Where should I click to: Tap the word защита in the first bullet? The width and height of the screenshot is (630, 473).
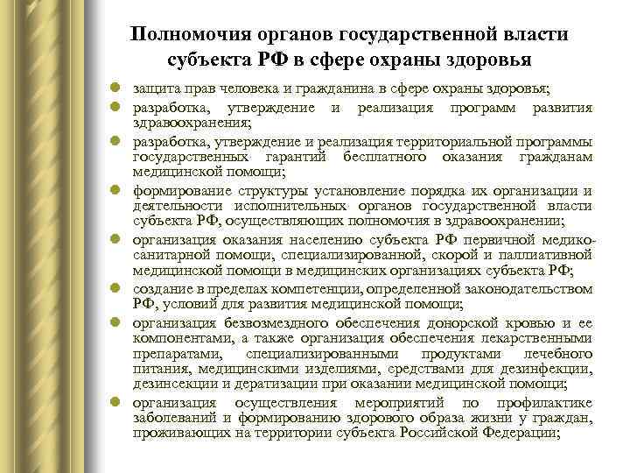(151, 90)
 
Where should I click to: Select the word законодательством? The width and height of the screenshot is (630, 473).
(523, 288)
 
